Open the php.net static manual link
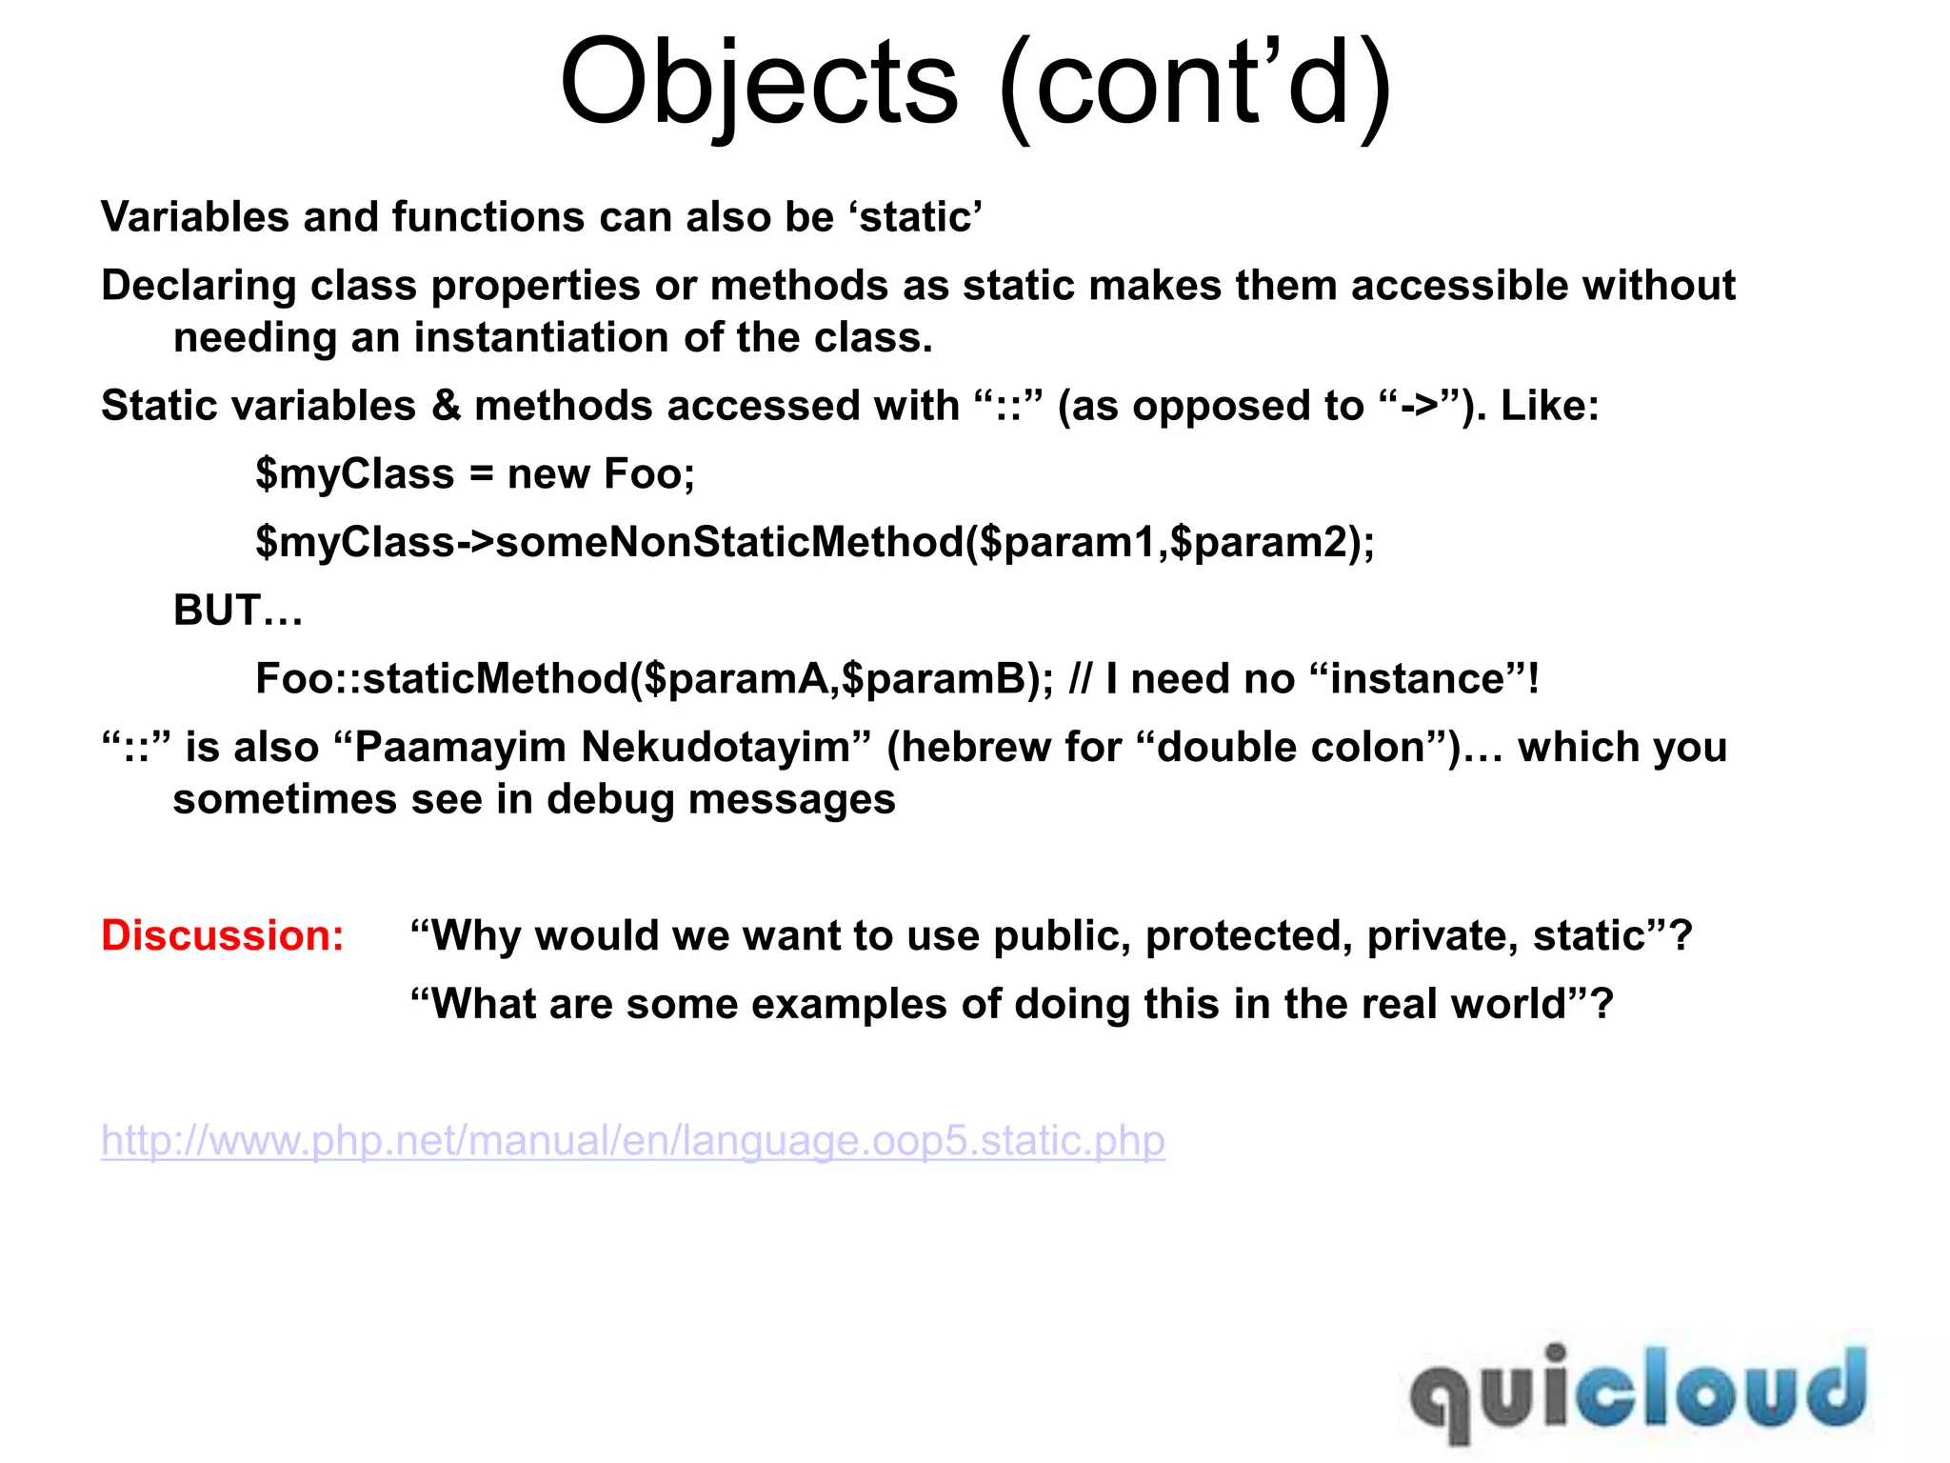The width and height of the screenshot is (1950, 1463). (633, 1141)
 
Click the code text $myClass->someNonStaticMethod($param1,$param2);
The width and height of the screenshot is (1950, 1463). (815, 542)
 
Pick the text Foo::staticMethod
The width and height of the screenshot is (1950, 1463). (443, 679)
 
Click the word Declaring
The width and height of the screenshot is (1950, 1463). (199, 286)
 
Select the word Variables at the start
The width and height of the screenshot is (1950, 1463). (194, 217)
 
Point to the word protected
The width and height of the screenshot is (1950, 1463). (1248, 936)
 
